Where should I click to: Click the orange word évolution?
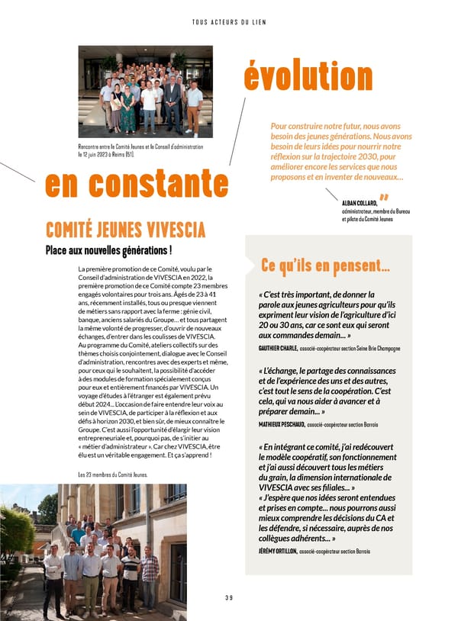click(308, 76)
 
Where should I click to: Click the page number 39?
click(228, 597)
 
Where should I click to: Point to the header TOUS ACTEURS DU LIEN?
click(228, 21)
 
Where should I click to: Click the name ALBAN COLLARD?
click(360, 202)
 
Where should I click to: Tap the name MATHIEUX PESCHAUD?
click(282, 424)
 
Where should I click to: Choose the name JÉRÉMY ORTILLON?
click(277, 550)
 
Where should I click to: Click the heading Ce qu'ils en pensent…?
click(325, 265)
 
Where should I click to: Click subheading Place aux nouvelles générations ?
click(108, 251)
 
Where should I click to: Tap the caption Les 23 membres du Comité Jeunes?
click(113, 475)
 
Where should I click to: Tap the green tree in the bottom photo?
click(17, 534)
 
